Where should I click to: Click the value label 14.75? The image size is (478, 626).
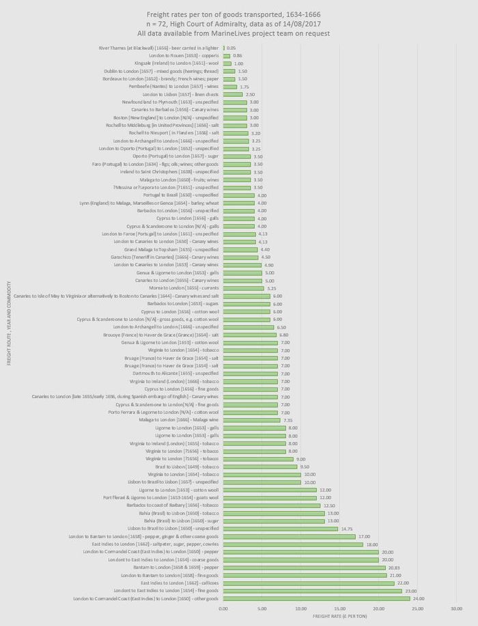[348, 528]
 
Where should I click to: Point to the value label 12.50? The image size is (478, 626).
[330, 505]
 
